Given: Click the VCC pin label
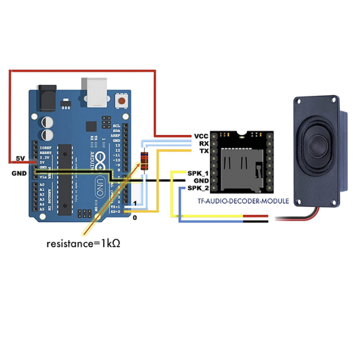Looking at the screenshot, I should [201, 137].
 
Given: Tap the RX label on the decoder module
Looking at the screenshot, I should [203, 144].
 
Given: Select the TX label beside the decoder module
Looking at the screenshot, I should [203, 151].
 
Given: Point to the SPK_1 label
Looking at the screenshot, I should [197, 173].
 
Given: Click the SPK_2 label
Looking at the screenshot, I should [197, 188].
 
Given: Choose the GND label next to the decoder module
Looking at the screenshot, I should [201, 180].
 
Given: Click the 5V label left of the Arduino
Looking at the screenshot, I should [20, 159].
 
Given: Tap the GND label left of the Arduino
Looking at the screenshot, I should [19, 173].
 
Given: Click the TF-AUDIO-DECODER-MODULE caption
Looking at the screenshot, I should [243, 201].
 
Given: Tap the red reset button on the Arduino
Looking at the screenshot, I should [123, 101].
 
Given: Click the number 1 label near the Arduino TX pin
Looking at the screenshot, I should [136, 204].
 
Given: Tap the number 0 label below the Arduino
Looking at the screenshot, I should [134, 218].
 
